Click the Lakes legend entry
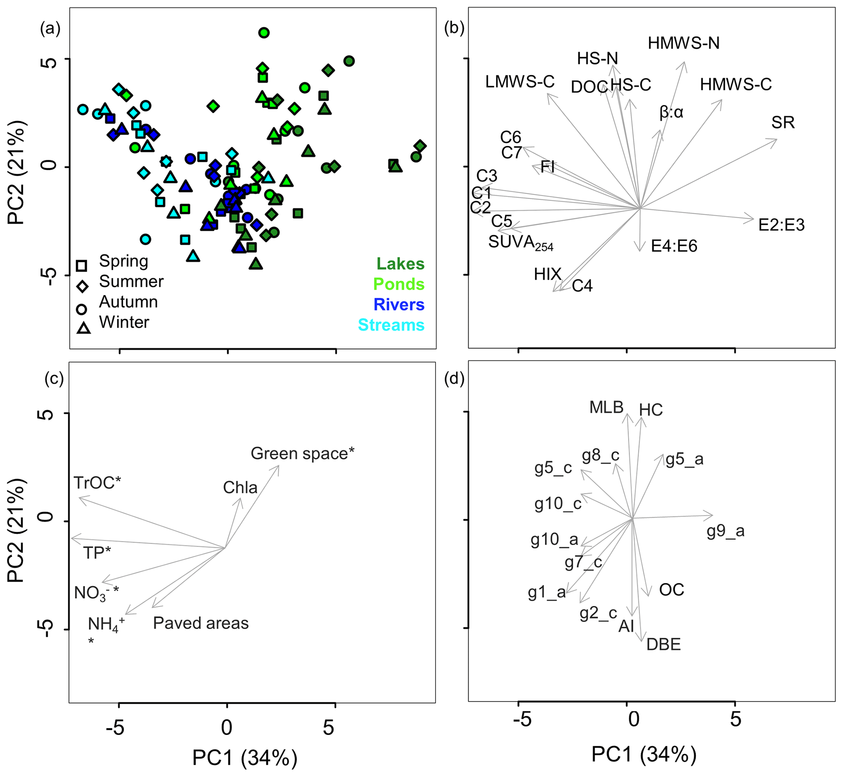[400, 264]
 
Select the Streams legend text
[391, 325]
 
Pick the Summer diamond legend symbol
[82, 287]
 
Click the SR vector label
[783, 123]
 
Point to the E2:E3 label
[781, 225]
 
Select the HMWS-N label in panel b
[684, 43]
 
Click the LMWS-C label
[520, 82]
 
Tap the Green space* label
[303, 454]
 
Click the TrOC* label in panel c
[97, 483]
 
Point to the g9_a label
[725, 532]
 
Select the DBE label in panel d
[664, 645]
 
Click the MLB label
[606, 407]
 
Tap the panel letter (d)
[454, 379]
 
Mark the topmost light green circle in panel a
[264, 33]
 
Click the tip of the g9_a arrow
[712, 515]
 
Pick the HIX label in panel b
[547, 274]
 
